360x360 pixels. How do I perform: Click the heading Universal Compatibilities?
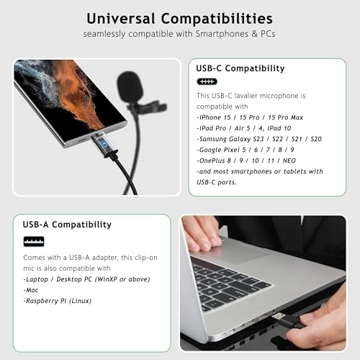coord(180,17)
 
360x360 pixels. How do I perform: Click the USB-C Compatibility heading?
coord(240,68)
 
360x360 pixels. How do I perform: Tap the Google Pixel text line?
coord(244,149)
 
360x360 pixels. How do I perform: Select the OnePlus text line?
coord(249,160)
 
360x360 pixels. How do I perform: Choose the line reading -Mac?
coord(32,289)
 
